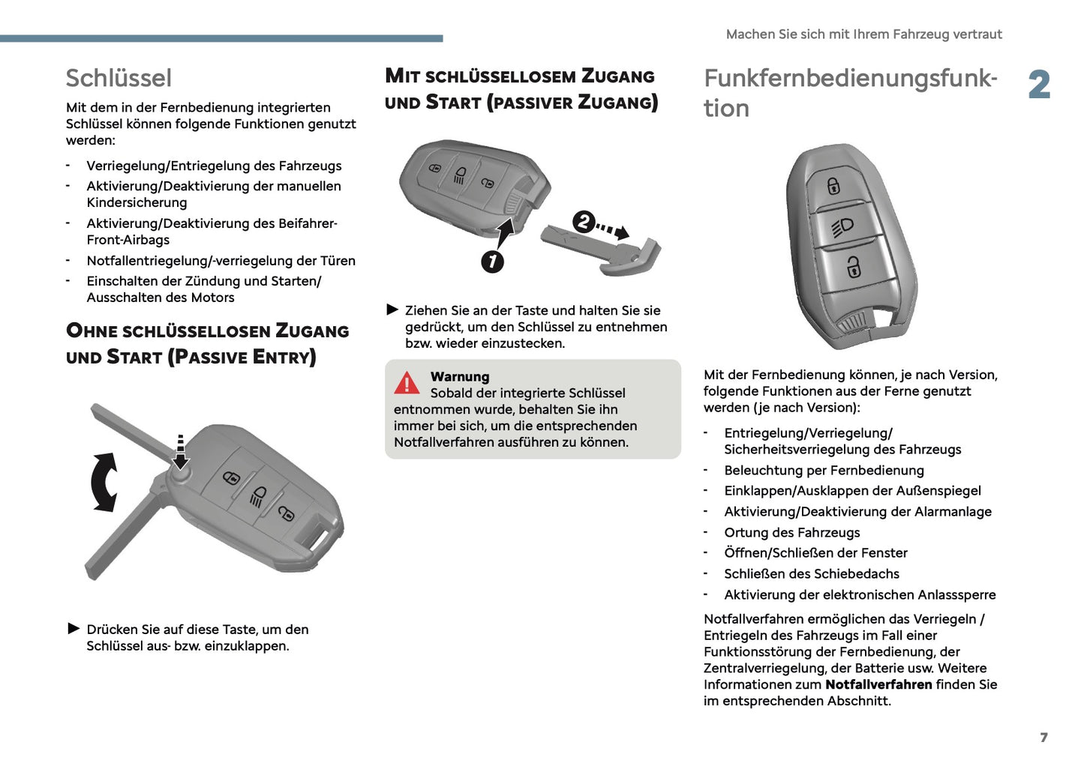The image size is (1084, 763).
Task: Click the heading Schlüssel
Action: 119,78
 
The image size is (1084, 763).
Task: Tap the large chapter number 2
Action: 1039,85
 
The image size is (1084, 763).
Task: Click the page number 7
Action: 1043,738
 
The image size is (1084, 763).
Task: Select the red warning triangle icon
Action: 407,383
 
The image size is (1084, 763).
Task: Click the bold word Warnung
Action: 459,376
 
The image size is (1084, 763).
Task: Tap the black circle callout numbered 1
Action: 492,261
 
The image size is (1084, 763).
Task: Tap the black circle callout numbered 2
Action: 584,222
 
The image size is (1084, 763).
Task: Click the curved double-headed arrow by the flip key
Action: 104,482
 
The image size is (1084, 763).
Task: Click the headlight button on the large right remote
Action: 842,226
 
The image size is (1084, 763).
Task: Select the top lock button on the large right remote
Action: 833,184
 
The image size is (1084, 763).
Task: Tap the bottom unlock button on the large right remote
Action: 854,267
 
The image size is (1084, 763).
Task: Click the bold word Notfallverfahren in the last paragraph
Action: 878,684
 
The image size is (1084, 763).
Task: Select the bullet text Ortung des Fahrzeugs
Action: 791,532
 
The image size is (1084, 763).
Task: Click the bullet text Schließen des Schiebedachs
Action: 811,573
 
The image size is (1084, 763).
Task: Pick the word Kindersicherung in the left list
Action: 137,202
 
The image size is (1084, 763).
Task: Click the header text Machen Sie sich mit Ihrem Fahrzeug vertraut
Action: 863,34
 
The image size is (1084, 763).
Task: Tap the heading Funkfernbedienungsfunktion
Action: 849,92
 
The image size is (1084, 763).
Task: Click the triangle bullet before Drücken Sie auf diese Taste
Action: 74,628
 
